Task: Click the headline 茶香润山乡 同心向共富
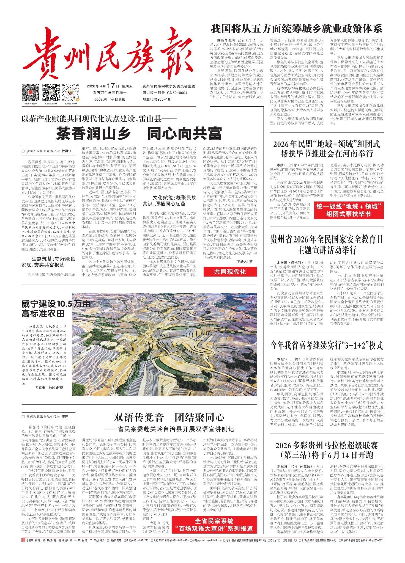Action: [139, 134]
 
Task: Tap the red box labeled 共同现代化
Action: [230, 272]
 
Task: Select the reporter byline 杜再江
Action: [66, 151]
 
